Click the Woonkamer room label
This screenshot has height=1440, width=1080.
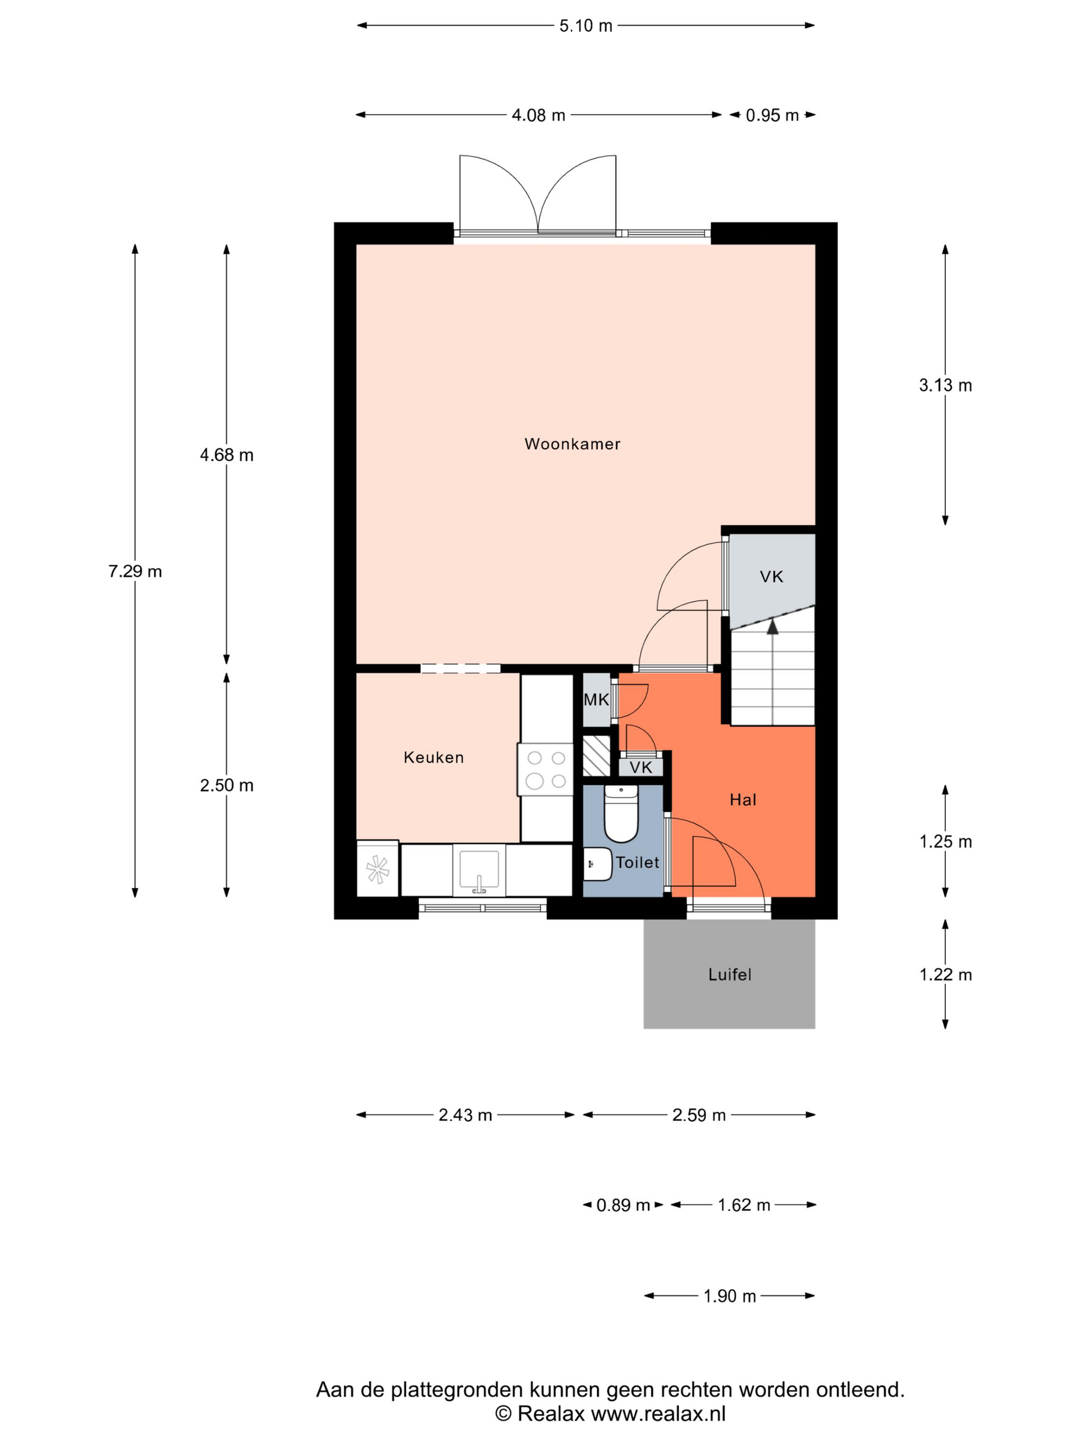(572, 444)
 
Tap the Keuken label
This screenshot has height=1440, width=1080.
(434, 757)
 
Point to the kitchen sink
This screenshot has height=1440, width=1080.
(479, 870)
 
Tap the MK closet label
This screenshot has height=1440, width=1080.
(596, 700)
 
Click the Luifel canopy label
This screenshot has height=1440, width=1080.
(730, 975)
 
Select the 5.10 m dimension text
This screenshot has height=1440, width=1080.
(586, 25)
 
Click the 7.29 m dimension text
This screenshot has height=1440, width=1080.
(135, 571)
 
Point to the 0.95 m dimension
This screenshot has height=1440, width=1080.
(772, 115)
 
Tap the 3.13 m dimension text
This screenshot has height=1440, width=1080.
(945, 385)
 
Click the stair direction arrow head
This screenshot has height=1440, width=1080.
(773, 626)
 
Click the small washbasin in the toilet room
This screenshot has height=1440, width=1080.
(598, 864)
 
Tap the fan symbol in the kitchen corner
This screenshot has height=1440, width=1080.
(377, 869)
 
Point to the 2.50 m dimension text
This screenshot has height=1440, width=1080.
(227, 785)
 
